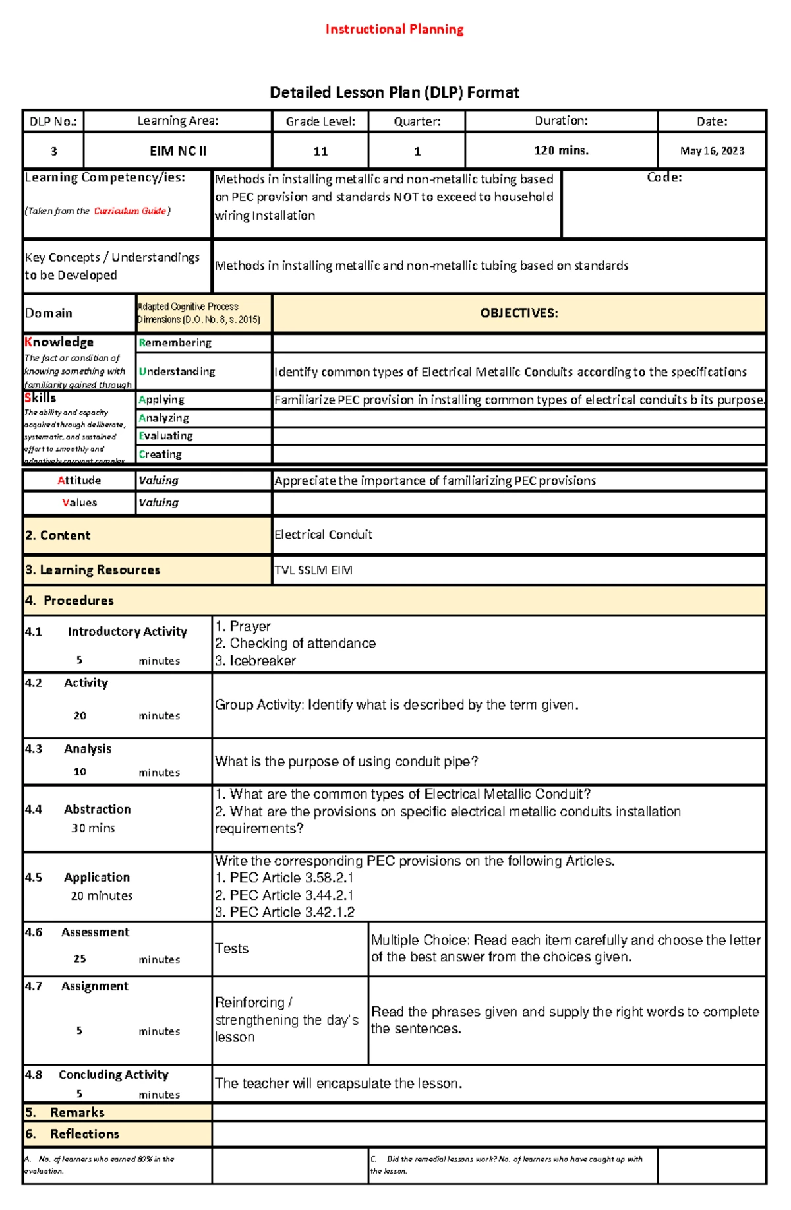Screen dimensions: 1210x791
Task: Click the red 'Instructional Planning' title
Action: [x=394, y=29]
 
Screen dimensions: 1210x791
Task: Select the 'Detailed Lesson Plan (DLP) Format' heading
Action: [x=394, y=92]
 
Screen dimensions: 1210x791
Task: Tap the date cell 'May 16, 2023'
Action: [x=712, y=151]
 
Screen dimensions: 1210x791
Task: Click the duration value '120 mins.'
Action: [x=561, y=150]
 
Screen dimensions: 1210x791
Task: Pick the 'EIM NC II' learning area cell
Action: [x=178, y=151]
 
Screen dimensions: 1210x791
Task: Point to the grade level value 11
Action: [x=320, y=151]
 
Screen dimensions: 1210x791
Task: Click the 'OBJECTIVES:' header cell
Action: [x=519, y=313]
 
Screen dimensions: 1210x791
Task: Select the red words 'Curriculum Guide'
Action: [x=130, y=211]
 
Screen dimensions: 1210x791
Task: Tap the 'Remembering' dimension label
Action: [x=175, y=343]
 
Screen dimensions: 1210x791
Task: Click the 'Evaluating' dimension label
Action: [x=166, y=436]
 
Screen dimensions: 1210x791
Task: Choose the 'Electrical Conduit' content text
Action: [x=323, y=535]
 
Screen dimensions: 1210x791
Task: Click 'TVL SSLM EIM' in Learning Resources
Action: [x=313, y=570]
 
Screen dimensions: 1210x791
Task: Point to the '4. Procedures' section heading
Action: [x=70, y=601]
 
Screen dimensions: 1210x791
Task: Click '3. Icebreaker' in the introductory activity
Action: [x=255, y=661]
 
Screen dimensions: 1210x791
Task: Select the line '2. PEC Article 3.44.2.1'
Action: [x=284, y=895]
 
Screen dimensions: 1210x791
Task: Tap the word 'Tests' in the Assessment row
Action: [x=232, y=948]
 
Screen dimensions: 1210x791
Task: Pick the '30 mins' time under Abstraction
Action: [x=93, y=828]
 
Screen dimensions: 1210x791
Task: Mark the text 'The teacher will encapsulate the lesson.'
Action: [x=338, y=1083]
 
